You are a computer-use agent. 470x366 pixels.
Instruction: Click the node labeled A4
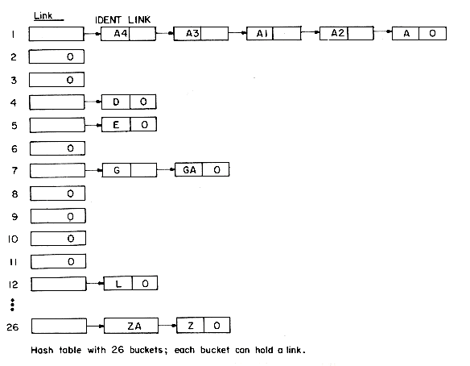coord(128,34)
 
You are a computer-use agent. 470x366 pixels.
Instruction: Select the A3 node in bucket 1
coord(201,33)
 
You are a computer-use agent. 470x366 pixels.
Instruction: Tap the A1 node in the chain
coord(274,33)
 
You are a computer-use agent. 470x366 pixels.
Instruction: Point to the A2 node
coord(347,33)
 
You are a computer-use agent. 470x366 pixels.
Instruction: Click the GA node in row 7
coord(202,169)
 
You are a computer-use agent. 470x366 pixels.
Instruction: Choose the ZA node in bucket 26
coord(131,326)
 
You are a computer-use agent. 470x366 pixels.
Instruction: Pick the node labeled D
coord(129,102)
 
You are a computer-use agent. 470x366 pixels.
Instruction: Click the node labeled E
coord(130,125)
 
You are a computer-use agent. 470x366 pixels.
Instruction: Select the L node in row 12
coord(130,284)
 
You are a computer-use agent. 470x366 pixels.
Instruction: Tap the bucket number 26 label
coord(13,326)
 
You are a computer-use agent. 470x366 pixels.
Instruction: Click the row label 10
coord(13,239)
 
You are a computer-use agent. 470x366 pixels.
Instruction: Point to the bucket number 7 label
coord(14,171)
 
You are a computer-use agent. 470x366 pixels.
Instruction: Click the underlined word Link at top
coord(43,15)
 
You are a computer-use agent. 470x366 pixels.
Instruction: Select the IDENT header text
coord(108,20)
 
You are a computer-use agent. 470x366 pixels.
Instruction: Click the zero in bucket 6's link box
coord(71,148)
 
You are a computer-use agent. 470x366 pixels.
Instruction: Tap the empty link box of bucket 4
coord(57,102)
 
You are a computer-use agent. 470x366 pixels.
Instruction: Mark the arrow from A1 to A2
coord(311,32)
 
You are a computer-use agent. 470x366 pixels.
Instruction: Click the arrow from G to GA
coord(166,169)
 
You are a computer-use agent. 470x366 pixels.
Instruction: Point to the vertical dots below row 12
coord(12,305)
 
